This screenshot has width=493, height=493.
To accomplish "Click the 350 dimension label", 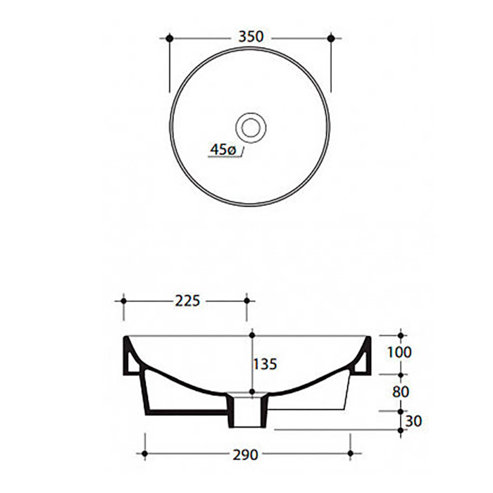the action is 251,37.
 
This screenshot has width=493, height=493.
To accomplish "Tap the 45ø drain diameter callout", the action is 223,149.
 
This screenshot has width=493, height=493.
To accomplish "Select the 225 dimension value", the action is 187,301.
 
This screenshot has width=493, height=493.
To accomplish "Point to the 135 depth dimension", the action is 265,364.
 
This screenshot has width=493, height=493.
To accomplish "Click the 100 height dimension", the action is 399,352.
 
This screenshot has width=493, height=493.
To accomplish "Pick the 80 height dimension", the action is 400,392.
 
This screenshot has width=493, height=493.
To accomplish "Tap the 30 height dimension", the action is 413,421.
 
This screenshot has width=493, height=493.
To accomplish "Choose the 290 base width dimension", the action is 245,455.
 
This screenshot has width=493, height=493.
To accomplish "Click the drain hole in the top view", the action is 251,127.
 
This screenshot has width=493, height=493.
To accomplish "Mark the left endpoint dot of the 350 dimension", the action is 170,38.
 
